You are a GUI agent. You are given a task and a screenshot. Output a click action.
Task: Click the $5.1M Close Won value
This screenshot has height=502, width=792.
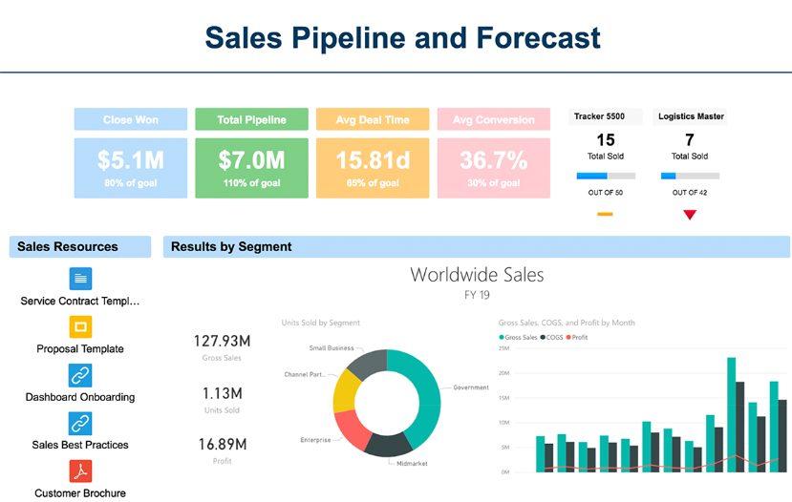click(130, 160)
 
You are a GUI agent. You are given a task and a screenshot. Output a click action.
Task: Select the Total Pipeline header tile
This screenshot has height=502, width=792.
click(251, 119)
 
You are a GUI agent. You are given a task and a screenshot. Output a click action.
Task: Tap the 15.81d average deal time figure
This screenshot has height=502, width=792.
click(372, 160)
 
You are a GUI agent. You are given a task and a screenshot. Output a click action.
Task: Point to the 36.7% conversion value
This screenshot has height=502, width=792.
click(493, 160)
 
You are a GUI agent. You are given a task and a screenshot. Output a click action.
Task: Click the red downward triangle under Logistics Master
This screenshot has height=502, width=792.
click(690, 215)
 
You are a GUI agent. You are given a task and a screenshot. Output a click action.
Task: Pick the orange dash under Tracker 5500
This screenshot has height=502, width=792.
click(605, 215)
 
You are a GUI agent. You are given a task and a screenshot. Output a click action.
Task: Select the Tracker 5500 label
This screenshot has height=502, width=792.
click(599, 116)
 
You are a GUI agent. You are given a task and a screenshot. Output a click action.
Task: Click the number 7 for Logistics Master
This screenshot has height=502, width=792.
click(689, 140)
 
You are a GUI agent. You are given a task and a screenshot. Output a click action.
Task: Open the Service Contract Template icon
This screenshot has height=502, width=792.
click(81, 279)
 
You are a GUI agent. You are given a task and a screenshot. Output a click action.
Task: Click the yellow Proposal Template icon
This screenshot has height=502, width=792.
click(81, 327)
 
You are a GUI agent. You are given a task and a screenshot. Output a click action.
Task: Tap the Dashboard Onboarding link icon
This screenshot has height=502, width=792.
click(81, 375)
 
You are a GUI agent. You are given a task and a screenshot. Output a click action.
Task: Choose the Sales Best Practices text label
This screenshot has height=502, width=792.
click(80, 445)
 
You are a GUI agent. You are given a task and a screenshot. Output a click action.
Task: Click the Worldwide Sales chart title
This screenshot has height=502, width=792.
click(477, 275)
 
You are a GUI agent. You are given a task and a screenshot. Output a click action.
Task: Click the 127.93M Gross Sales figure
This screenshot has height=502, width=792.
click(222, 341)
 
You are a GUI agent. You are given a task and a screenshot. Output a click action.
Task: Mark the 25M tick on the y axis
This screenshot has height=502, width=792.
click(503, 348)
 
